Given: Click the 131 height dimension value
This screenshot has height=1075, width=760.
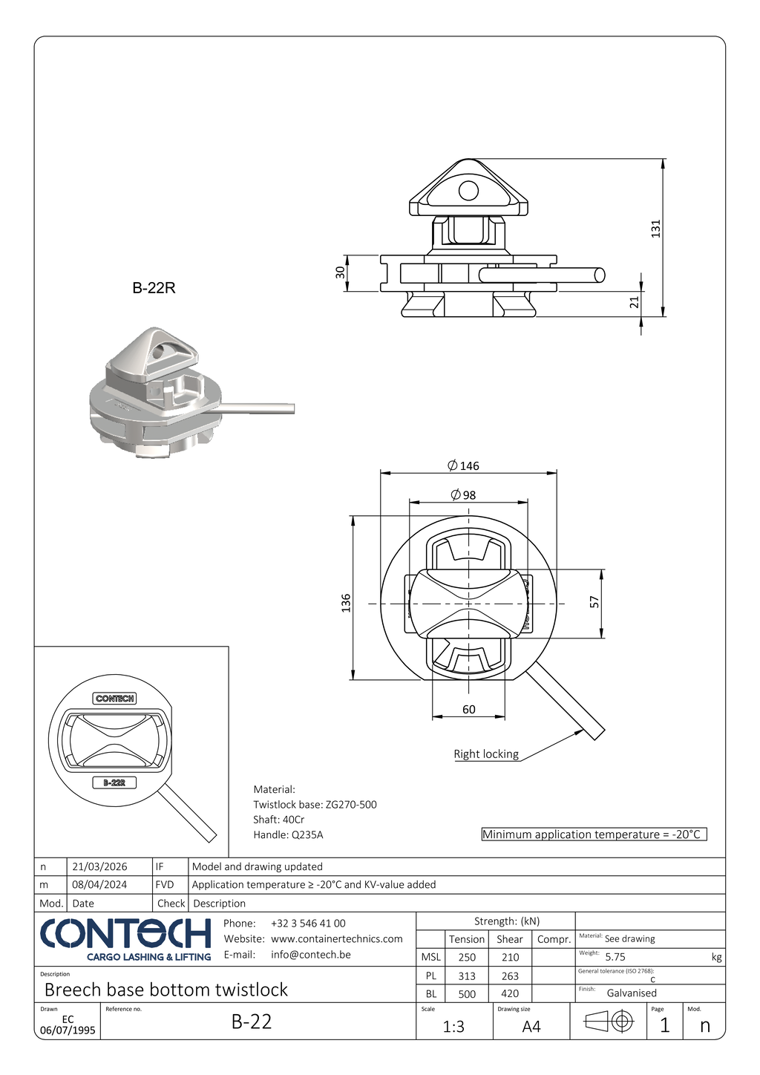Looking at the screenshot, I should (x=655, y=228).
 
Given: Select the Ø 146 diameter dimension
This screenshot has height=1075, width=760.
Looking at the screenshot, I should (x=464, y=465).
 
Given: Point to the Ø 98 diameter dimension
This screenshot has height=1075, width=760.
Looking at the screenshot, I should (x=464, y=495).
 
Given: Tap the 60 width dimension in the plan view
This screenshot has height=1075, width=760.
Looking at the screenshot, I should (x=468, y=709).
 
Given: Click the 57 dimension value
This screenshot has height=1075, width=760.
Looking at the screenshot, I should (x=594, y=602).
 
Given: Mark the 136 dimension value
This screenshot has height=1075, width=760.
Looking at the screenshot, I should (x=346, y=602).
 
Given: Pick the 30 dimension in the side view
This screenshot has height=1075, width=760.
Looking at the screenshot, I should (x=341, y=272).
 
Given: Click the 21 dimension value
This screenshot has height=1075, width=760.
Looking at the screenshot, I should (x=634, y=302).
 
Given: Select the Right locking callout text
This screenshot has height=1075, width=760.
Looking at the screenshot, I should (x=486, y=754).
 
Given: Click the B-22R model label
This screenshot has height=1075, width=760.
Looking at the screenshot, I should (x=154, y=288).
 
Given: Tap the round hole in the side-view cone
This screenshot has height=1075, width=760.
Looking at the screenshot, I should (x=468, y=191).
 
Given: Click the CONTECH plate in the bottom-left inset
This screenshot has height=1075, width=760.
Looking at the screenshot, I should (x=115, y=698).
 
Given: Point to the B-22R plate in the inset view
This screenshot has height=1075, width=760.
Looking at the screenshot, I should (x=114, y=782).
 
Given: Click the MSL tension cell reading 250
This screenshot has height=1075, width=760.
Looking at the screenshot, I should (x=467, y=957).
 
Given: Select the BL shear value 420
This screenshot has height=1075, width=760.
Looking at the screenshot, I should (x=510, y=993).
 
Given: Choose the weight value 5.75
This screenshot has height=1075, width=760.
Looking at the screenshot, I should (x=615, y=957).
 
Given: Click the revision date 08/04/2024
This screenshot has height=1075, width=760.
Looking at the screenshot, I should (x=99, y=884).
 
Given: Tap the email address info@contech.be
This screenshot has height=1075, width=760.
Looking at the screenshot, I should (x=311, y=954).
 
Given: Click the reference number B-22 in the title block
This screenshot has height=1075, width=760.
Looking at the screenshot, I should (x=252, y=1022).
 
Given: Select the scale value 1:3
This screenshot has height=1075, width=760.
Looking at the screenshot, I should (x=453, y=1026).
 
